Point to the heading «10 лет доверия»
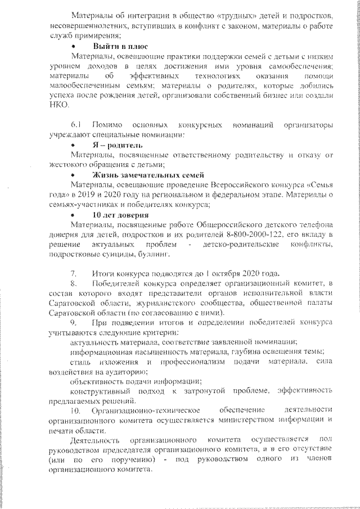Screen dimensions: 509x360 point(120,215)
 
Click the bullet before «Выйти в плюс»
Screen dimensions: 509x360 point(74,47)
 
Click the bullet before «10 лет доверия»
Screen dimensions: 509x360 point(74,215)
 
